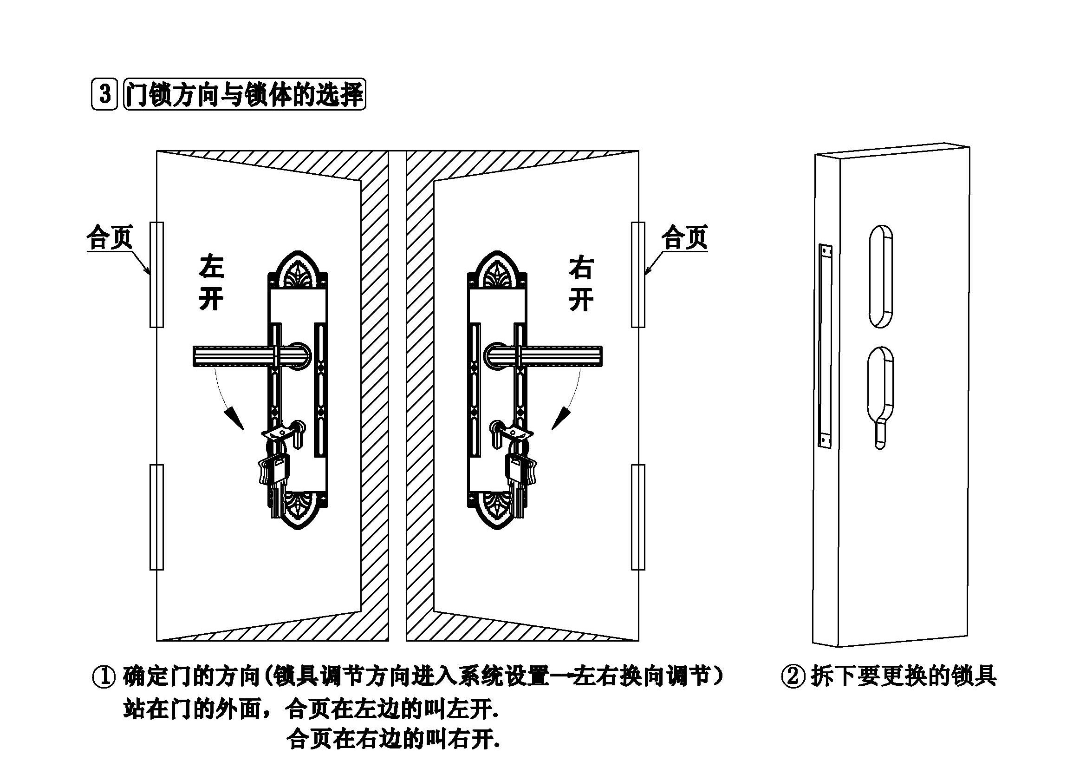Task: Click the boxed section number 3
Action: (104, 94)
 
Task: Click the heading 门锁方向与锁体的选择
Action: (245, 94)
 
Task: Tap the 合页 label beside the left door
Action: (110, 237)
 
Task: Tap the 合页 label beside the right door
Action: (684, 237)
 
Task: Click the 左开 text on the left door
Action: (211, 282)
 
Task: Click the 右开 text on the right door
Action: (581, 283)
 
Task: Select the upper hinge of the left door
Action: (156, 275)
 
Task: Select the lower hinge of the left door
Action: (156, 517)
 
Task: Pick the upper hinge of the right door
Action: (638, 275)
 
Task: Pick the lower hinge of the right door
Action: (638, 517)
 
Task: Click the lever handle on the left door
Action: (251, 356)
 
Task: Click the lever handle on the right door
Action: (544, 356)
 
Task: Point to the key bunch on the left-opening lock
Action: (274, 473)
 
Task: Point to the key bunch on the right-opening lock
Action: (520, 473)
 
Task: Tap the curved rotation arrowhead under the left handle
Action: (235, 418)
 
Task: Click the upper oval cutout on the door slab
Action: (881, 276)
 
